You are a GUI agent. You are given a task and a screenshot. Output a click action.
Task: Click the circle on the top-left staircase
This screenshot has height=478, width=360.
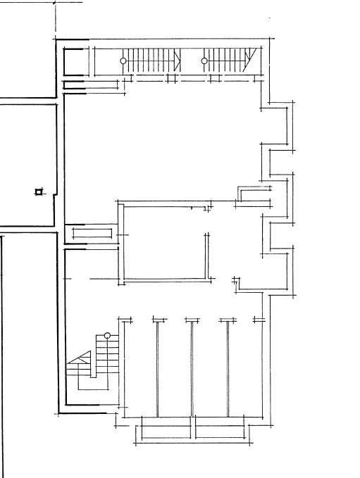[123, 61]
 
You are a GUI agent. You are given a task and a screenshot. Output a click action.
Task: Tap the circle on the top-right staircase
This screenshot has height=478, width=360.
[204, 61]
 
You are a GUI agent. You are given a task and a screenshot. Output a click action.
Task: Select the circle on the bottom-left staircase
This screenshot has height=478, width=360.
[107, 336]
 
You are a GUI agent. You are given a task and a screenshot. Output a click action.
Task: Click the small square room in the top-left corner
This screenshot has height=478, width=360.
[74, 61]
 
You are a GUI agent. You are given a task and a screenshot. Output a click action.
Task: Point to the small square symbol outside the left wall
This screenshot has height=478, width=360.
[39, 191]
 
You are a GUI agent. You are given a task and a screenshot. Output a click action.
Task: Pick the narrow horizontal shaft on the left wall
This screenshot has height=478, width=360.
[91, 232]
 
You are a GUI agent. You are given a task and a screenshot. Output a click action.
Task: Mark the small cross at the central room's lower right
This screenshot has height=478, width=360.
[236, 282]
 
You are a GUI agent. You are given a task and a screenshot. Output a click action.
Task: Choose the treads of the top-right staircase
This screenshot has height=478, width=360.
[225, 61]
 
